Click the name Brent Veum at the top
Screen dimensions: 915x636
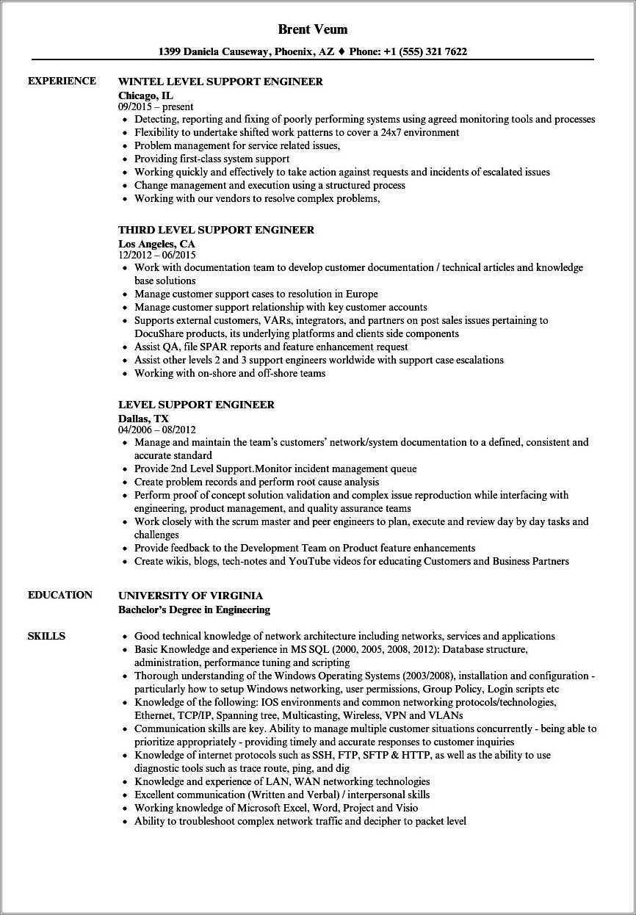pos(313,29)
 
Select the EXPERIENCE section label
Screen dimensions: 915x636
pos(62,81)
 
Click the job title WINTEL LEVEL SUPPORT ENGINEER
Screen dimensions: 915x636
pos(220,82)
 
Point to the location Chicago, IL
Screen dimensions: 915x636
pos(146,95)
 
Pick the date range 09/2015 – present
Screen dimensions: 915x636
pos(156,106)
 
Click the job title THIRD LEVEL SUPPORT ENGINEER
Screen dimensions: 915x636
pos(216,230)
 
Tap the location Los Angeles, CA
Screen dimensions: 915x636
pos(156,243)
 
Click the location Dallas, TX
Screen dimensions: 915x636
pos(143,418)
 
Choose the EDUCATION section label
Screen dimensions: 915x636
pos(60,595)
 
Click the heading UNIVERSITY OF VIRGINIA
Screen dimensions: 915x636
pos(190,596)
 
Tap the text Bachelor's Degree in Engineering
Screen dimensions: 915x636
pos(194,609)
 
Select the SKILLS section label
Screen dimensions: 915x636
pos(46,636)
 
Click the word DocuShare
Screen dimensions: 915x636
pos(158,333)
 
